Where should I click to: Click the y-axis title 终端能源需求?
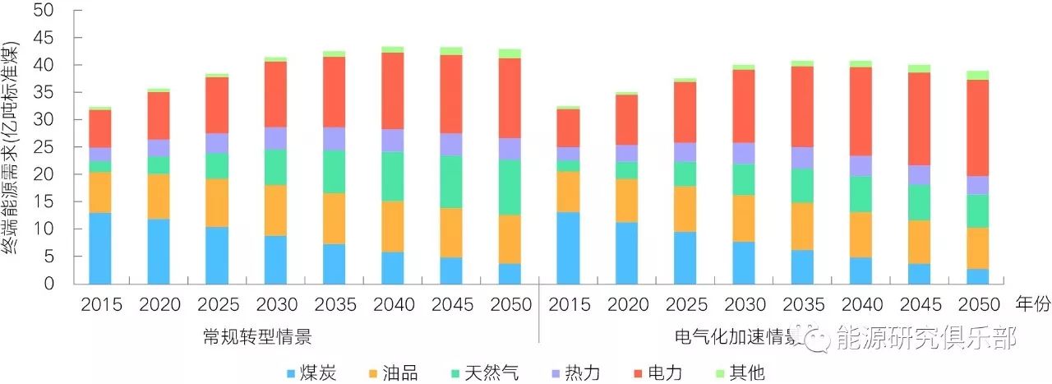(11, 148)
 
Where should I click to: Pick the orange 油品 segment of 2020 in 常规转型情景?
(159, 196)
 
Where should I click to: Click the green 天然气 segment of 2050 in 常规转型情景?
(509, 187)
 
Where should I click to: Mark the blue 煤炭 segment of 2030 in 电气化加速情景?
(744, 262)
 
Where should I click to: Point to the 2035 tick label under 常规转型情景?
(334, 305)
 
